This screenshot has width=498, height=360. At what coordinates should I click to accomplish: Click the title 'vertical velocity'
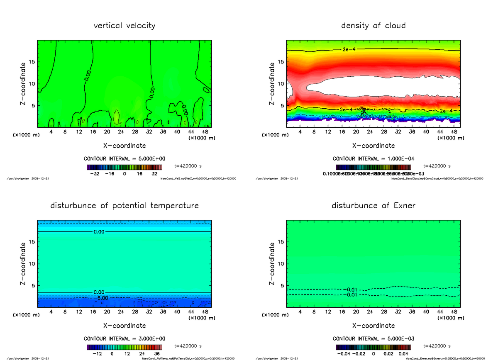click(124, 26)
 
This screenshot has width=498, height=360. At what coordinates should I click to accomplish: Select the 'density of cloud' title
click(373, 26)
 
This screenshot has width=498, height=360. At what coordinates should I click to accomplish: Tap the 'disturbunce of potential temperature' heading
click(124, 206)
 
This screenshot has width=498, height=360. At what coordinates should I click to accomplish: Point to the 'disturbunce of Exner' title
click(373, 206)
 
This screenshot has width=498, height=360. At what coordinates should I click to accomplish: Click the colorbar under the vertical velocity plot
click(124, 168)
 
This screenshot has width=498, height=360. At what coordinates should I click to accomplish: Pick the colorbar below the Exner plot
click(373, 348)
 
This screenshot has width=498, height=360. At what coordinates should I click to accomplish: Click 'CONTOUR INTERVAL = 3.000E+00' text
click(124, 338)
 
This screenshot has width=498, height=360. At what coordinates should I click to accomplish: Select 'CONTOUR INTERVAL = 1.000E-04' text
click(373, 158)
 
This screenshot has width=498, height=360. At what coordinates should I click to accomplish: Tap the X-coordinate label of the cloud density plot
click(373, 146)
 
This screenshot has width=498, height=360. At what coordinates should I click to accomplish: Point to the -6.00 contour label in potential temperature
click(101, 298)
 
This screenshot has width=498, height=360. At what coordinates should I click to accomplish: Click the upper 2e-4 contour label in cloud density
click(349, 49)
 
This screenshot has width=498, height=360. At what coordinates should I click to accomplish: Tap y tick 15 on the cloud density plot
click(281, 62)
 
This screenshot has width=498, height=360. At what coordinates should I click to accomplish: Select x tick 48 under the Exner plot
click(454, 312)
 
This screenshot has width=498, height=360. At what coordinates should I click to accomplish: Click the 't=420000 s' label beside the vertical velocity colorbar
click(188, 166)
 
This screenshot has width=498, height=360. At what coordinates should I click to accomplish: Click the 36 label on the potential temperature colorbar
click(157, 354)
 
